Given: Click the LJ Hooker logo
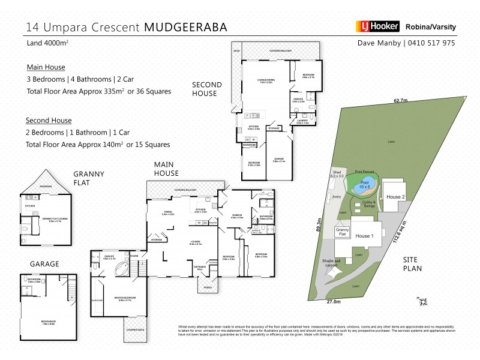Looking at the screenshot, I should click(377, 26).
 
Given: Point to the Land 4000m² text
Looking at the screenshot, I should click(46, 43).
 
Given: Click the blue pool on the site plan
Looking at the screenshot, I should click(365, 184).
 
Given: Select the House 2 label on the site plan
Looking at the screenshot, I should click(395, 197).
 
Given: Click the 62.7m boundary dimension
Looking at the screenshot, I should click(400, 100).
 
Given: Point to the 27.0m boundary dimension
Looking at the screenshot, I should click(334, 301).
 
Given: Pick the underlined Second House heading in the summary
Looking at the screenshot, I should click(49, 120).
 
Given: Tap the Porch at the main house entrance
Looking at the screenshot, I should click(208, 286).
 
